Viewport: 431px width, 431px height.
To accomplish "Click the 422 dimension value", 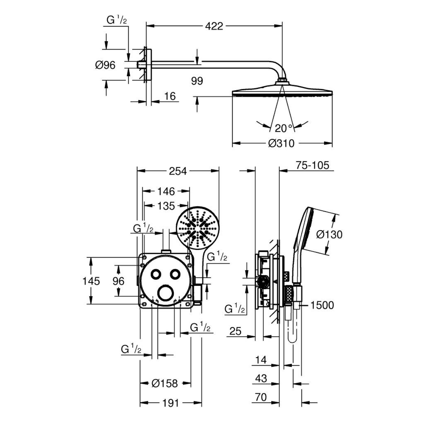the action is tap(214, 26).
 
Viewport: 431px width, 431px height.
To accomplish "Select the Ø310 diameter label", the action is tap(281, 143).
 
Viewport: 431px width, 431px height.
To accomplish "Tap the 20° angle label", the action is tap(283, 128).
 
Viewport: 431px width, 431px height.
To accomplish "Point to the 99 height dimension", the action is tap(197, 81).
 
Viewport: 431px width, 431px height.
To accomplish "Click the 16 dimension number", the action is tap(170, 96).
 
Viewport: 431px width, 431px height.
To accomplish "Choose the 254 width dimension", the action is tap(178, 171).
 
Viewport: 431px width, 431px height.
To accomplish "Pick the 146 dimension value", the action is tap(166, 191).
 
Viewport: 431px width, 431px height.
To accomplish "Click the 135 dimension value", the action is tap(166, 206).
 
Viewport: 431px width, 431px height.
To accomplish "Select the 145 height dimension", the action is tap(91, 281).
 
